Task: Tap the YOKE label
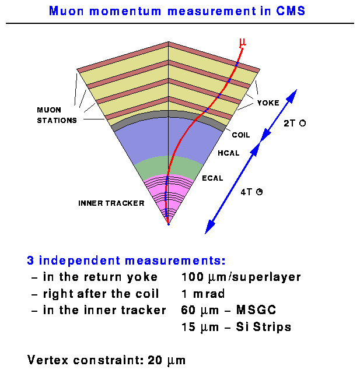268,103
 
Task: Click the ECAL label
213,178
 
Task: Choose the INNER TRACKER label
111,203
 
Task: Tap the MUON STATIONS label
57,115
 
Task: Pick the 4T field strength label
251,192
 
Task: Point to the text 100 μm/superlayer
241,277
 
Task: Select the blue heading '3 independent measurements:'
126,260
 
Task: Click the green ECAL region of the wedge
168,167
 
